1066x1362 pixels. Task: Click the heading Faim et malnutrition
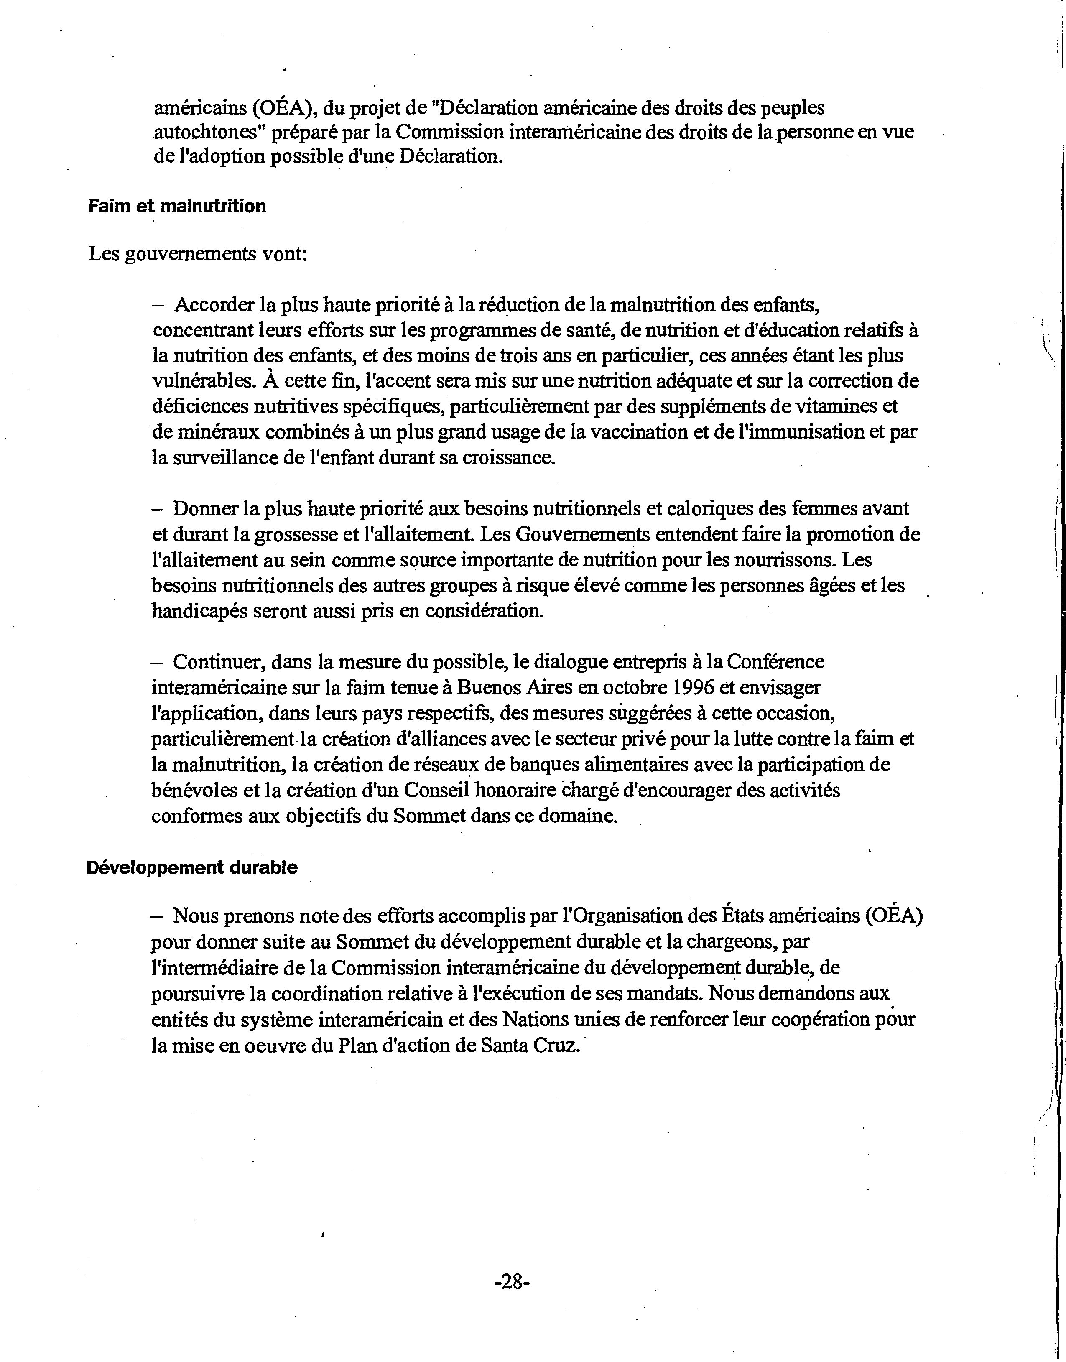coord(177,206)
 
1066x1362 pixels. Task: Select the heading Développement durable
coord(191,867)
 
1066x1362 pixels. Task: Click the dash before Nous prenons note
coord(157,916)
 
